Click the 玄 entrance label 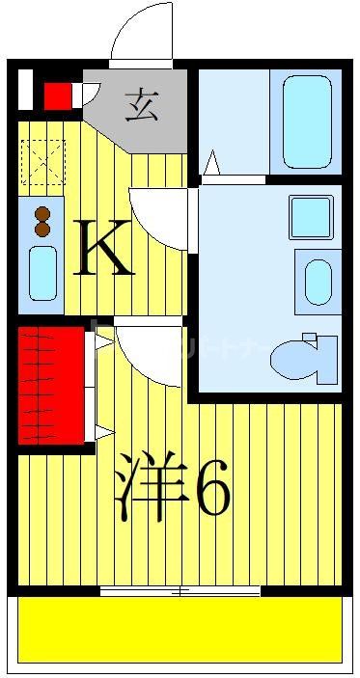tap(142, 101)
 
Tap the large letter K tap(104, 248)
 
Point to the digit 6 tap(213, 491)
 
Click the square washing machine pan tap(311, 217)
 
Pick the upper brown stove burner tap(42, 215)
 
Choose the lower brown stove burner tap(42, 231)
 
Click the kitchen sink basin tap(42, 274)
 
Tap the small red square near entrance tap(58, 95)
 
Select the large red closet tap(50, 385)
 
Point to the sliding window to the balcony tap(180, 591)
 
